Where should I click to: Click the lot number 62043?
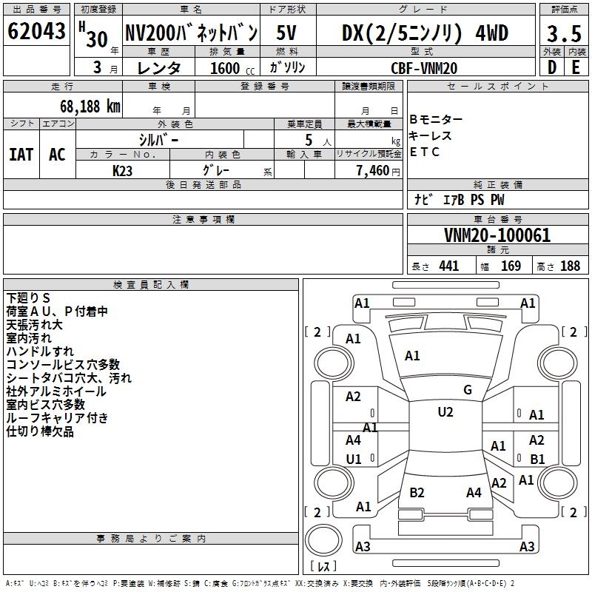pos(36,32)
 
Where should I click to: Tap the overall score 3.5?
pos(562,33)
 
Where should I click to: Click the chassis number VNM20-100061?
pos(497,235)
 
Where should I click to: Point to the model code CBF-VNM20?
pos(424,67)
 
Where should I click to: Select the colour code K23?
pos(123,170)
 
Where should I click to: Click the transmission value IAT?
pos(21,154)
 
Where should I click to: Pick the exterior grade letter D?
pos(551,67)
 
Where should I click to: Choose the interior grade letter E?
pos(575,67)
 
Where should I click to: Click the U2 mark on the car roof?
pos(445,412)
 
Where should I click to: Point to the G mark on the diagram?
pos(468,390)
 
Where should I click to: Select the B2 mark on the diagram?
pos(417,492)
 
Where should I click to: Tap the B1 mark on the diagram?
pos(537,459)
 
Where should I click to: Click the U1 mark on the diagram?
pos(354,459)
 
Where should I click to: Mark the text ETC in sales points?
pos(425,152)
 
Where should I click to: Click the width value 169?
pos(511,266)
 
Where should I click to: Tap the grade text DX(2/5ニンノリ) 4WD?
pos(425,33)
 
